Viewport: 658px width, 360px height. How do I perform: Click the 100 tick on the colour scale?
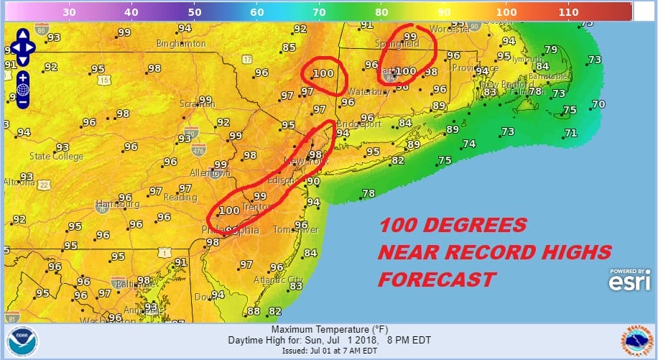(x=506, y=11)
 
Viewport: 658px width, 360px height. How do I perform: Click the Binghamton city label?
(x=181, y=44)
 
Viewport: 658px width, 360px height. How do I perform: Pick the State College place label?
(x=56, y=156)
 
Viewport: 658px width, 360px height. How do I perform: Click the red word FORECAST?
(x=437, y=279)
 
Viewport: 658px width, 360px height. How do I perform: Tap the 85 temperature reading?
(x=289, y=48)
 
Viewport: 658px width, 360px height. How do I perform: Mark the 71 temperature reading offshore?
(x=571, y=133)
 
